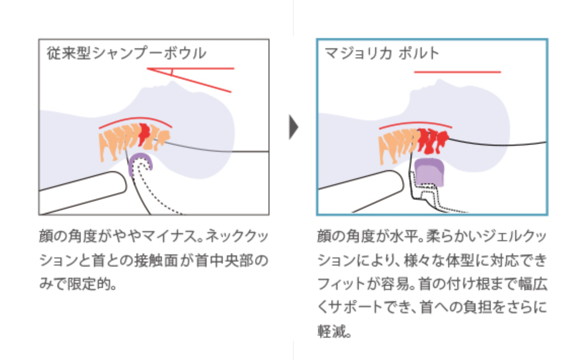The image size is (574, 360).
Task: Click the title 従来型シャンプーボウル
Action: pyautogui.click(x=126, y=53)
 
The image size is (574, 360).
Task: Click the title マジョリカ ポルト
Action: pyautogui.click(x=382, y=53)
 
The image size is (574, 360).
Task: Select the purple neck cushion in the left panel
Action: pyautogui.click(x=140, y=163)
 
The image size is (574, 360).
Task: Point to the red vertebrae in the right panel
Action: pyautogui.click(x=433, y=139)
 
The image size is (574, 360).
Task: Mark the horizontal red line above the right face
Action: pyautogui.click(x=457, y=72)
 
